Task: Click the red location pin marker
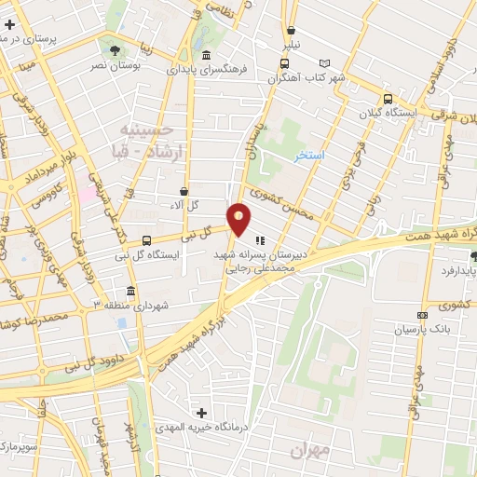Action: point(239,219)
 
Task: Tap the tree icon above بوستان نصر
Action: point(115,49)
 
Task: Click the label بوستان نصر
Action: point(112,66)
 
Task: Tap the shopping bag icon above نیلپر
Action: point(292,30)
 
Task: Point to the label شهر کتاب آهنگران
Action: point(306,78)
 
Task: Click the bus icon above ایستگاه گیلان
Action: point(388,99)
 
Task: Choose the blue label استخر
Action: point(308,155)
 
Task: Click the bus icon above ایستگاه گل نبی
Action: point(146,239)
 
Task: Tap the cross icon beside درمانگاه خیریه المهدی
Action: point(201,412)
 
